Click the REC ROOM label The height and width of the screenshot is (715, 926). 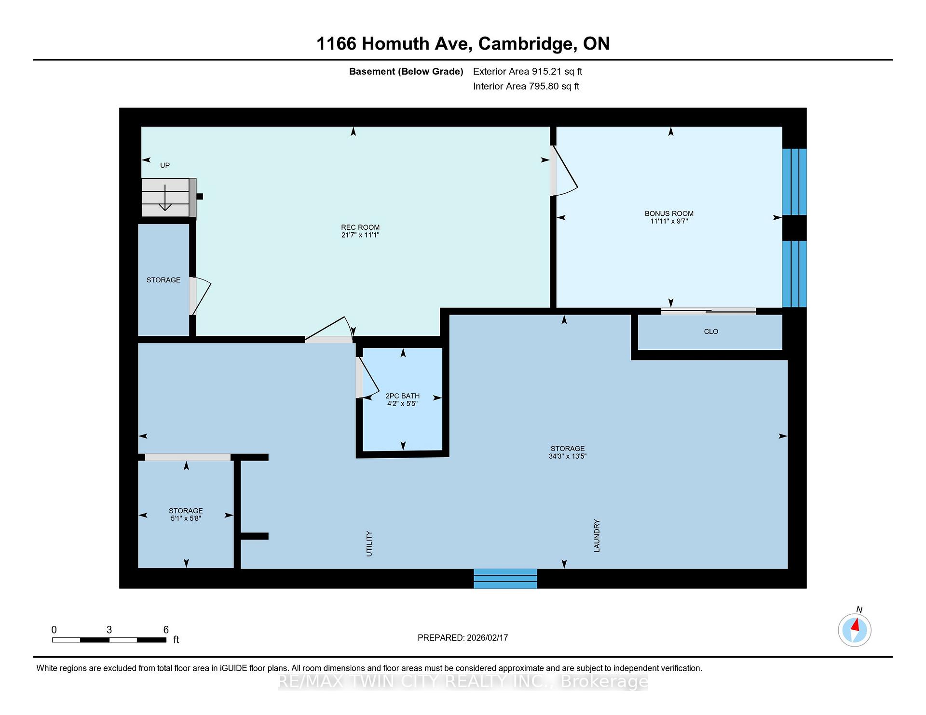click(x=360, y=227)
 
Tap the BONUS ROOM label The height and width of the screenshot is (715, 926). click(x=669, y=213)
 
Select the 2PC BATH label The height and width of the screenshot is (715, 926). click(x=403, y=396)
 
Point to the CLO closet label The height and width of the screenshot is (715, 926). click(x=711, y=331)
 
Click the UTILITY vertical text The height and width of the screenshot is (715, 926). click(x=369, y=543)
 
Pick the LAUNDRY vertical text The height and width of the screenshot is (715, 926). click(x=597, y=535)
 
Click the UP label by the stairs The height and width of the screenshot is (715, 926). click(x=165, y=165)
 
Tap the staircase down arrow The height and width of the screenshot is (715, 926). click(x=165, y=198)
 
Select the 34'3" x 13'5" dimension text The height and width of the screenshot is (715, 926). click(x=568, y=456)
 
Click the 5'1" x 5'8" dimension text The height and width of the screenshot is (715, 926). click(x=186, y=518)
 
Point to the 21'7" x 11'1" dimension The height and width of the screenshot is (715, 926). click(x=360, y=235)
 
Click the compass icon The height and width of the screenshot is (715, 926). click(x=855, y=630)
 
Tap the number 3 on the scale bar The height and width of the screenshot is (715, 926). click(x=109, y=630)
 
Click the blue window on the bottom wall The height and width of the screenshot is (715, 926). click(x=505, y=579)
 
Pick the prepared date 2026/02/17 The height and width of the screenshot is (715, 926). click(x=488, y=637)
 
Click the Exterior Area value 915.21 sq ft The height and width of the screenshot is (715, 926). click(x=557, y=71)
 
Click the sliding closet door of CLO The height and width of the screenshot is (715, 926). click(x=708, y=311)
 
